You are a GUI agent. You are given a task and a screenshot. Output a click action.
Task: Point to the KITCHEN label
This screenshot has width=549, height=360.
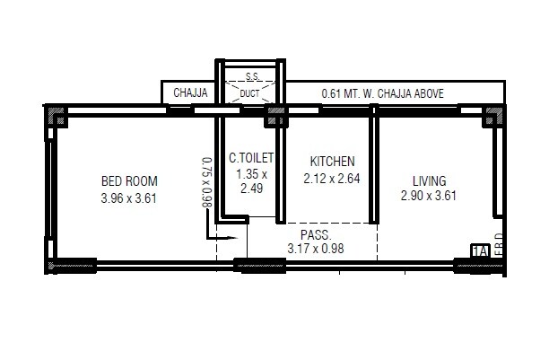[x=333, y=161]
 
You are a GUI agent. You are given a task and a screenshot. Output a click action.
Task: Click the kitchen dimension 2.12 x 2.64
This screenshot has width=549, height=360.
[x=333, y=178]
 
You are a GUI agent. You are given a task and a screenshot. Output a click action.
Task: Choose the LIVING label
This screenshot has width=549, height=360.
[x=430, y=180]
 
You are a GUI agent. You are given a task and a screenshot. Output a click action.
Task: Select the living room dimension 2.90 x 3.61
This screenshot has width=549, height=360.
[x=430, y=197]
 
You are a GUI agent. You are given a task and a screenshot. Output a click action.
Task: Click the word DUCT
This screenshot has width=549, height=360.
[x=249, y=93]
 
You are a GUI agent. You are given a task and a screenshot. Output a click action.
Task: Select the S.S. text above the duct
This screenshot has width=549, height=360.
[x=250, y=78]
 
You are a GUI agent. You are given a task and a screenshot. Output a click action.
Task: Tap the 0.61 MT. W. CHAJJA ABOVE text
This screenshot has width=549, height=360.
[x=382, y=93]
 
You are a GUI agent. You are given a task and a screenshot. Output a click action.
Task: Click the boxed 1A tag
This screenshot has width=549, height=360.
[x=478, y=252]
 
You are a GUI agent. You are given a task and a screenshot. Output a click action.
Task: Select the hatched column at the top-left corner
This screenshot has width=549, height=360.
[x=56, y=116]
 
